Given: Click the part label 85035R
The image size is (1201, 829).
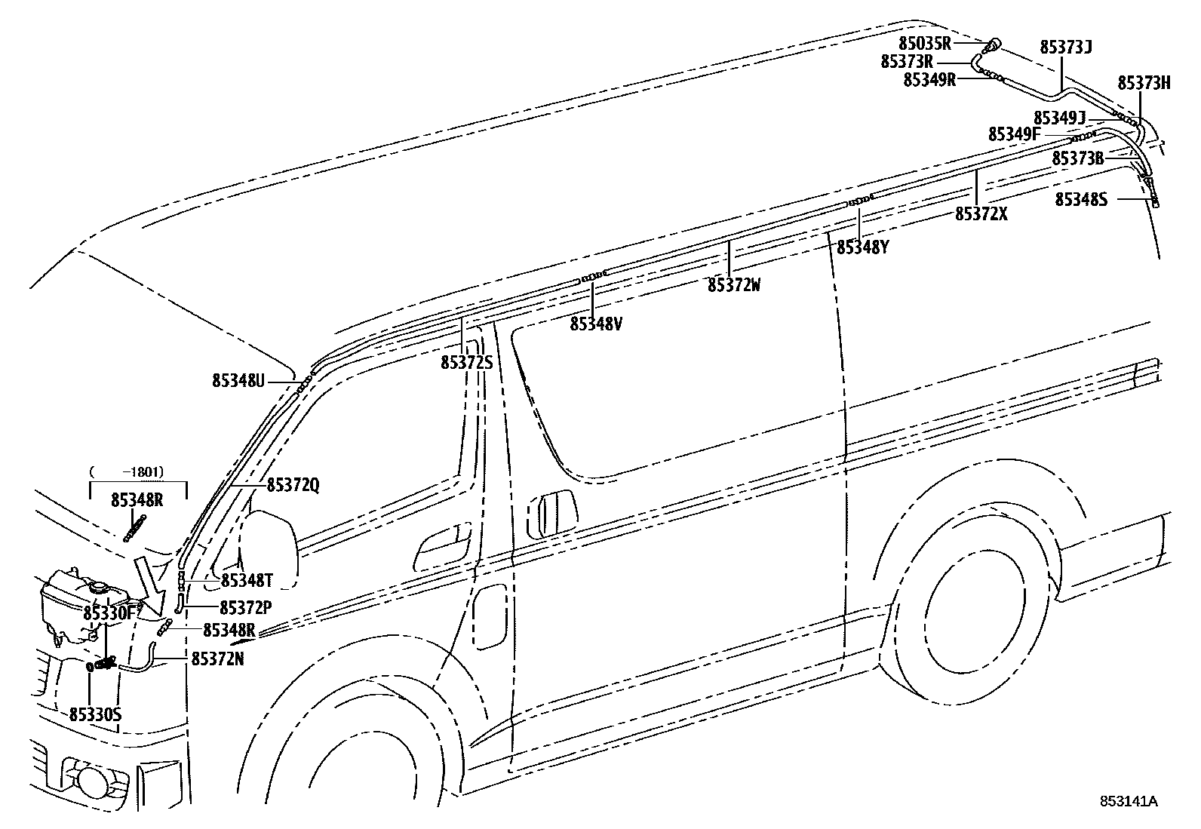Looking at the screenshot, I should [925, 43].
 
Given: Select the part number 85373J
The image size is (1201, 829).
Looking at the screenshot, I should [1065, 47].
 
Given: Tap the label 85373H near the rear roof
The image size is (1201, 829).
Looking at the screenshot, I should [1144, 83].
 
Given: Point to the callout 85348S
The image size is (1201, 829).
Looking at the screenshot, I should [1081, 199].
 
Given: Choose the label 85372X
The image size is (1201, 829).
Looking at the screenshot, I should [981, 213].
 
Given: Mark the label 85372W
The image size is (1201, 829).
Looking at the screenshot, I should [734, 285].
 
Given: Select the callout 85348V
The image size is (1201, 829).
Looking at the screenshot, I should [596, 324].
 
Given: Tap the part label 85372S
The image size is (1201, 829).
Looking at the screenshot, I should [466, 363].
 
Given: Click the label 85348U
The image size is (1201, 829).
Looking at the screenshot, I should [238, 381].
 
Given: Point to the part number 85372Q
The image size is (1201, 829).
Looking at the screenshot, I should [293, 486].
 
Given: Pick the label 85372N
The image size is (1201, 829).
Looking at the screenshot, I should [217, 659].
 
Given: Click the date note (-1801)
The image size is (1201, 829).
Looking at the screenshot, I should [137, 471].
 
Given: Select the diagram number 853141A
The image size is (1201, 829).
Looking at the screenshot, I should [1128, 801].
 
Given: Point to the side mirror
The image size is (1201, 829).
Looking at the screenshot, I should [269, 548].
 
